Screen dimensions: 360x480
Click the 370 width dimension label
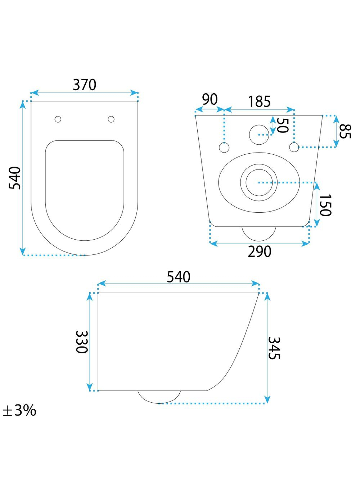[x=85, y=85]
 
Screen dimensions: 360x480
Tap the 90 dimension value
[x=210, y=100]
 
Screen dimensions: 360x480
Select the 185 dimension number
[x=259, y=101]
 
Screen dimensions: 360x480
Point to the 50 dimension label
[x=282, y=125]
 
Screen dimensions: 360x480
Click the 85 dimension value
[x=345, y=131]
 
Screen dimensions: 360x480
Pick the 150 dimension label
[x=325, y=205]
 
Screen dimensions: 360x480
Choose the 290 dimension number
[x=260, y=252]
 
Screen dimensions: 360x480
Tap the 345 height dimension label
[x=274, y=348]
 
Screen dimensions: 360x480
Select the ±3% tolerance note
[x=19, y=411]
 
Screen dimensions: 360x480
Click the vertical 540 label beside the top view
[x=15, y=178]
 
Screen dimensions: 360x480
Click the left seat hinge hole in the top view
[x=58, y=119]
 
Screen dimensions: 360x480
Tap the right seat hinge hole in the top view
[x=111, y=119]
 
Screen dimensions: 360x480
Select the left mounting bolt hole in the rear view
[x=224, y=148]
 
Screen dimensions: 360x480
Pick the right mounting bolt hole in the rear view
[x=294, y=147]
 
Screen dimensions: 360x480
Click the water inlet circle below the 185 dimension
[x=259, y=135]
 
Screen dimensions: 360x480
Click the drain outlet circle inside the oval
[x=259, y=182]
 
